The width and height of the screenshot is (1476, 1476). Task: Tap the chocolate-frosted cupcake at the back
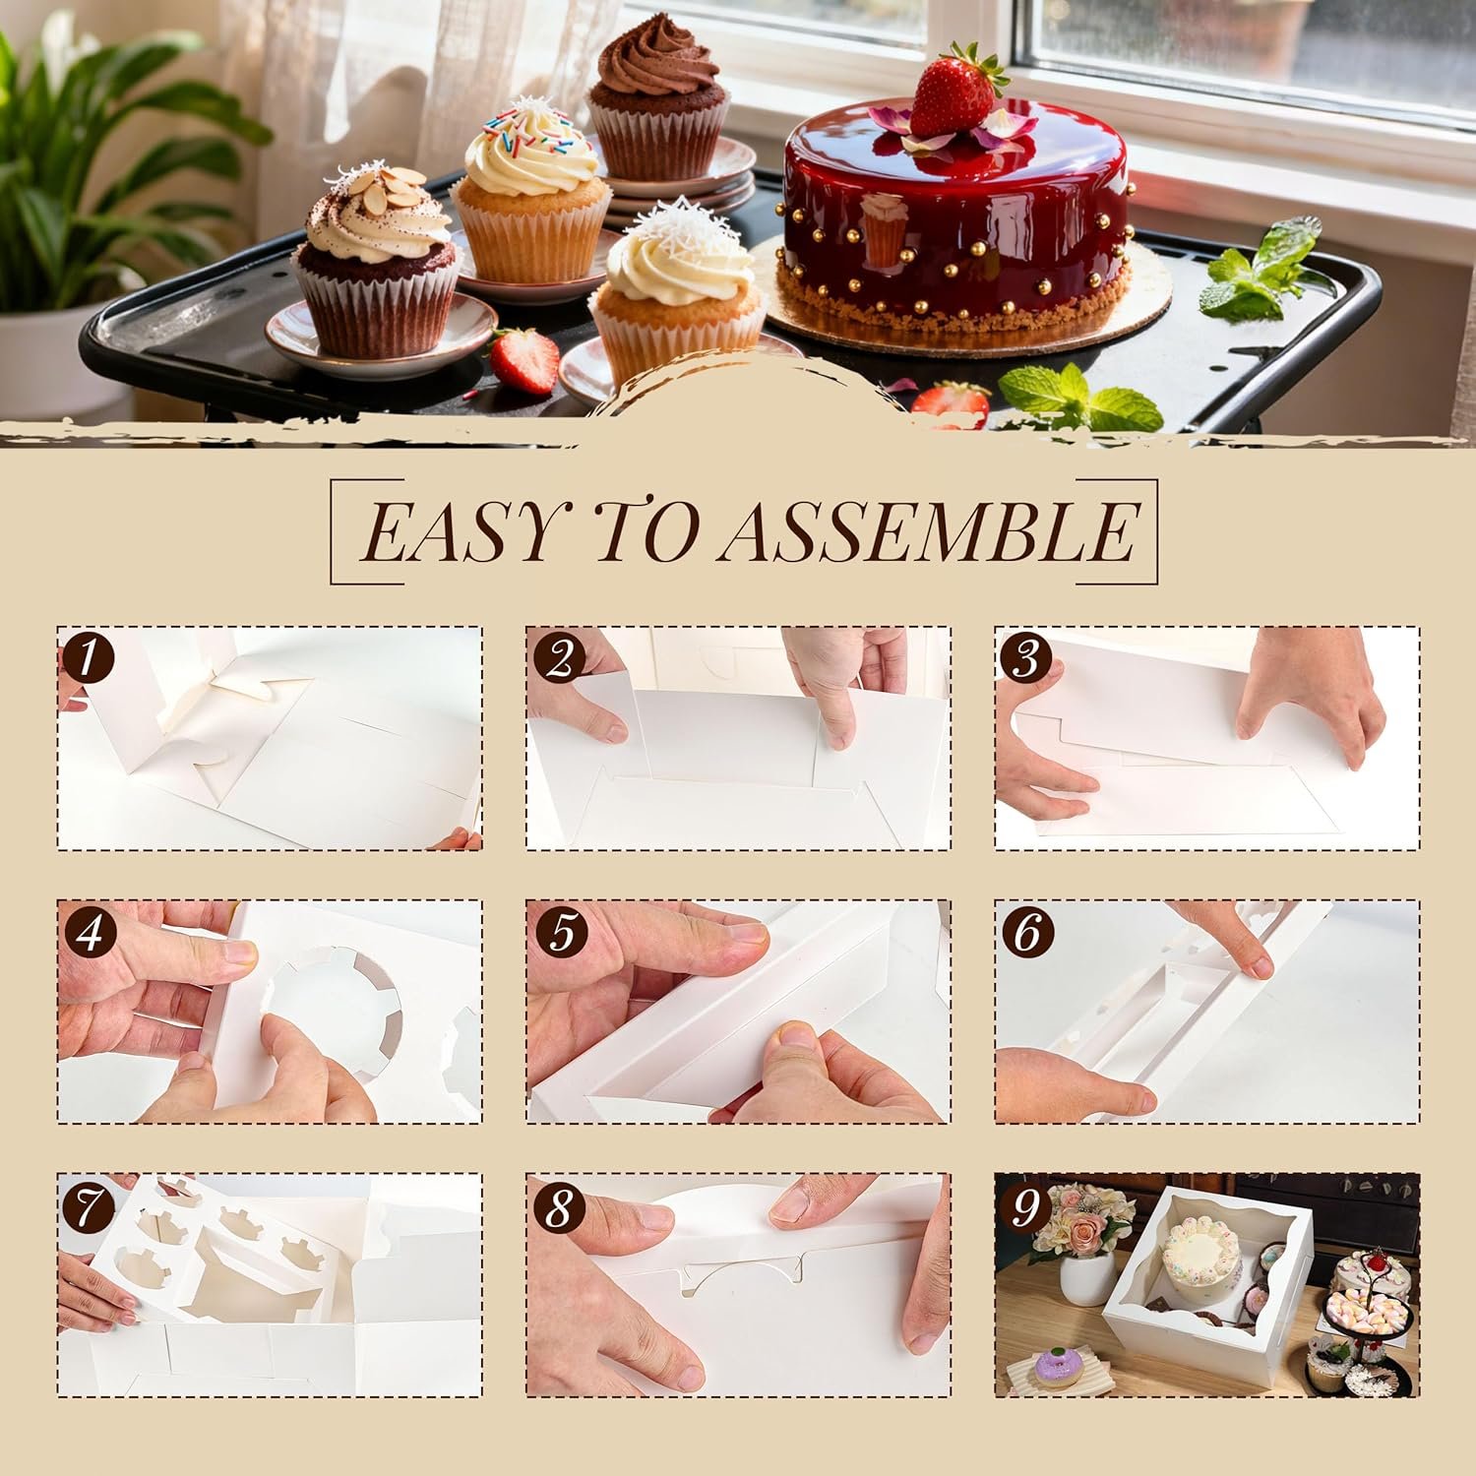coord(657,98)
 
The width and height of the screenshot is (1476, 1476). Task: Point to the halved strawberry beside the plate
coord(526,359)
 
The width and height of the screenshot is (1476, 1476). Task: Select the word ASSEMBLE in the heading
coord(930,531)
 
